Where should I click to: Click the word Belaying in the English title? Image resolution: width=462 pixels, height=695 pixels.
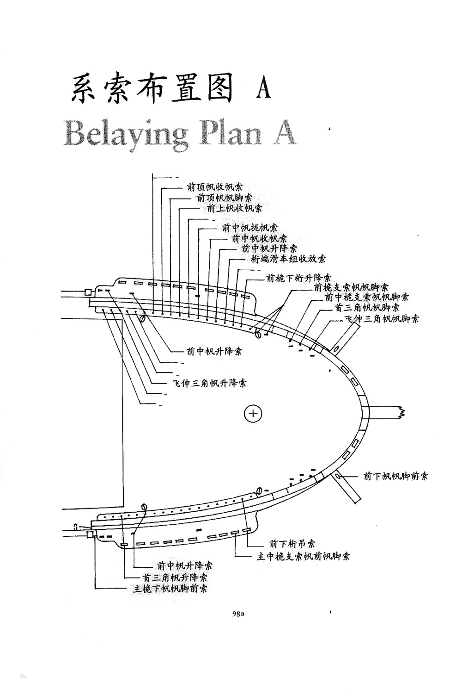click(126, 134)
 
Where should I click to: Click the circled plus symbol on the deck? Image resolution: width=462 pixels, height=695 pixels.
click(253, 413)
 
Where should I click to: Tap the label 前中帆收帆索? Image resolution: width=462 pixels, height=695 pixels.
click(259, 238)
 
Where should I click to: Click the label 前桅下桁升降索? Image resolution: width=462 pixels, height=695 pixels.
click(298, 279)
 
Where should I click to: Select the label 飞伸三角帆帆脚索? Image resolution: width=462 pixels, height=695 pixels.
click(382, 319)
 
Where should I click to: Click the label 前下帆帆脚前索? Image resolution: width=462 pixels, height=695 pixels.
click(395, 476)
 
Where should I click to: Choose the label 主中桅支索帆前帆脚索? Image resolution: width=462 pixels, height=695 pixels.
click(303, 556)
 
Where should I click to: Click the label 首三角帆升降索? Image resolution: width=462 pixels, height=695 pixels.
click(175, 577)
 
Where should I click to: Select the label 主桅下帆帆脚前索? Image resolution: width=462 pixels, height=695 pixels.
click(170, 589)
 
